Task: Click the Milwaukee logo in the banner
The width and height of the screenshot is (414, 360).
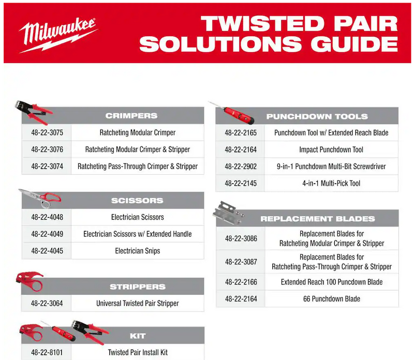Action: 58,34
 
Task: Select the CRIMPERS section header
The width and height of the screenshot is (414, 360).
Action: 131,116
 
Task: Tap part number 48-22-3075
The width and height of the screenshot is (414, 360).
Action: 47,133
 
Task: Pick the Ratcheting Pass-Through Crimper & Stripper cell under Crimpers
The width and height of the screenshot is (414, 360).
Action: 138,167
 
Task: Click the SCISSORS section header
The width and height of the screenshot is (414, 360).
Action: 137,201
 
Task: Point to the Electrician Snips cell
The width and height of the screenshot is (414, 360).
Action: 138,251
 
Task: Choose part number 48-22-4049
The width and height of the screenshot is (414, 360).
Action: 47,234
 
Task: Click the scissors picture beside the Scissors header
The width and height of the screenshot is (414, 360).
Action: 40,198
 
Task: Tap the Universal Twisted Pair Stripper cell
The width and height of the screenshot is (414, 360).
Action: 138,303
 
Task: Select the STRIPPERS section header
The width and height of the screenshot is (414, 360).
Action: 138,287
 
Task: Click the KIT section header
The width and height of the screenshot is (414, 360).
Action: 138,336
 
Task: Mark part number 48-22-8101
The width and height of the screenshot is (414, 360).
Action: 47,353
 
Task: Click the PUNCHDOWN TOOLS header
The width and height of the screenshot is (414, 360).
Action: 317,116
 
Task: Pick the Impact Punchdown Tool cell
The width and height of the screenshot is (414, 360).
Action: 331,149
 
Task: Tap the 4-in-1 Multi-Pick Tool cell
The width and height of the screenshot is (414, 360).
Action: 331,183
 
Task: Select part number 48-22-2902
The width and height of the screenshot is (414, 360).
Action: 241,167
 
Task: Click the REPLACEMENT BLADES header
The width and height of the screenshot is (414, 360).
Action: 317,219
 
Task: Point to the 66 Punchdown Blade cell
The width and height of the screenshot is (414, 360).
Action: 331,299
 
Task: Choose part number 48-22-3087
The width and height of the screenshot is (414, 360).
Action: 241,262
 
